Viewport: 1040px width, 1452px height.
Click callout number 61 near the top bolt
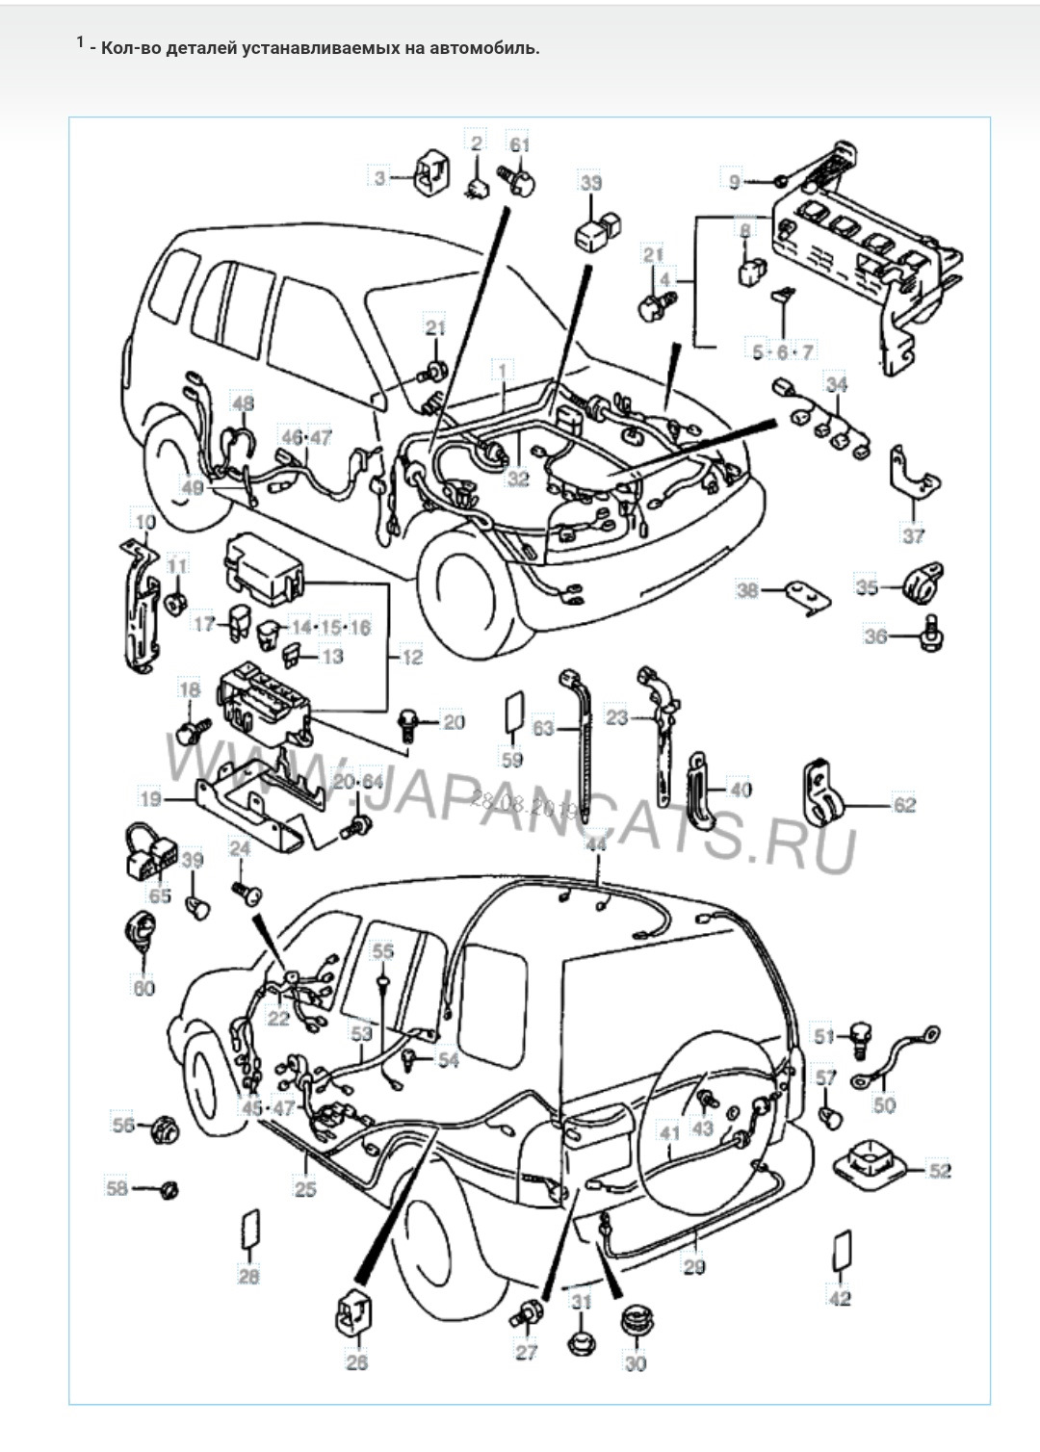point(520,144)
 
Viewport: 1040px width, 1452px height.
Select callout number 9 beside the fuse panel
point(735,181)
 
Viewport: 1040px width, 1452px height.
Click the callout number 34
point(837,385)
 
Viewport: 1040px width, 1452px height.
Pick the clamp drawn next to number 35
point(922,582)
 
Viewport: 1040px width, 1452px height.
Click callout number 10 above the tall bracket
point(144,522)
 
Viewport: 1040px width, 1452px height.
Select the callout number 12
point(412,659)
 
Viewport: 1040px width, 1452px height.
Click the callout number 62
point(904,804)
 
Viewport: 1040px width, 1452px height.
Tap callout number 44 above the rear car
point(597,844)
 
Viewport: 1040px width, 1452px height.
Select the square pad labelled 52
point(871,1163)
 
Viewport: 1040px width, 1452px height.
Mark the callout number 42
point(841,1298)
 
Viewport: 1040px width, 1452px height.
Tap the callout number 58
point(117,1188)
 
